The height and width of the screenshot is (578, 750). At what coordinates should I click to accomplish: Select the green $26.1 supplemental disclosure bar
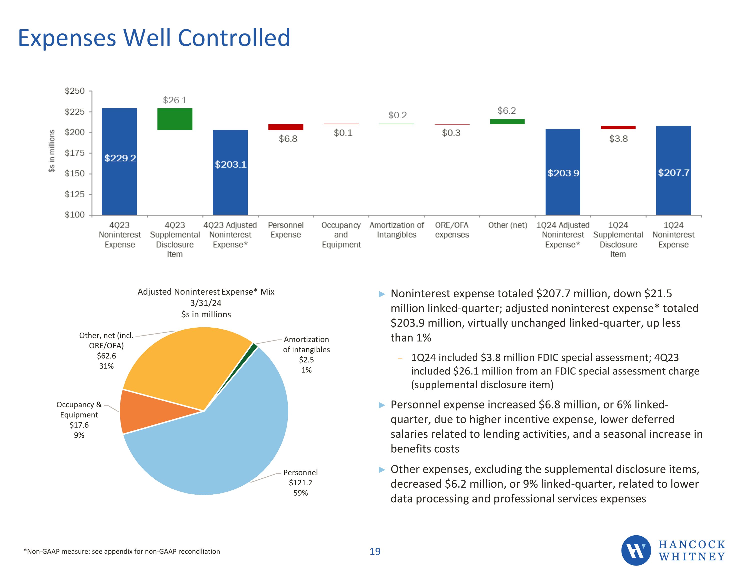pos(175,119)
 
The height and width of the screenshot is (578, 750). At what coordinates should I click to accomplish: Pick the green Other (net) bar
pos(507,121)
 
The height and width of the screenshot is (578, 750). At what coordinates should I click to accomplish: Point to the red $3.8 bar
pos(618,128)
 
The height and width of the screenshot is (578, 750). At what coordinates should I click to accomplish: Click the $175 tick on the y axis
pos(74,153)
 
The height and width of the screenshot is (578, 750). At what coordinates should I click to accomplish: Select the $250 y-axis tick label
pos(74,91)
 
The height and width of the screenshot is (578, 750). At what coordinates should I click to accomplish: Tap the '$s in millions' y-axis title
pos(51,151)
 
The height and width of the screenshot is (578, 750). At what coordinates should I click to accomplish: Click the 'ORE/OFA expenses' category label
pos(451,230)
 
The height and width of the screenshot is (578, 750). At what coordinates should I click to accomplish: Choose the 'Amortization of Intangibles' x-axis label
pos(397,230)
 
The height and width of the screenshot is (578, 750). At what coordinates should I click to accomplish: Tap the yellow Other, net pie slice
pos(185,364)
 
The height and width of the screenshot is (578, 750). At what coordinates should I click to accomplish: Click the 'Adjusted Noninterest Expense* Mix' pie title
pos(206,292)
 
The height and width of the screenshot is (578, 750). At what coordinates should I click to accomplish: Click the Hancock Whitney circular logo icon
pos(636,550)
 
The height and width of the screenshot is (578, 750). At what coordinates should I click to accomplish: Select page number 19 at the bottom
pos(375,551)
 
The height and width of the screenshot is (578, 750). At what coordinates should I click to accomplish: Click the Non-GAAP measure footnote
pos(121,551)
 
